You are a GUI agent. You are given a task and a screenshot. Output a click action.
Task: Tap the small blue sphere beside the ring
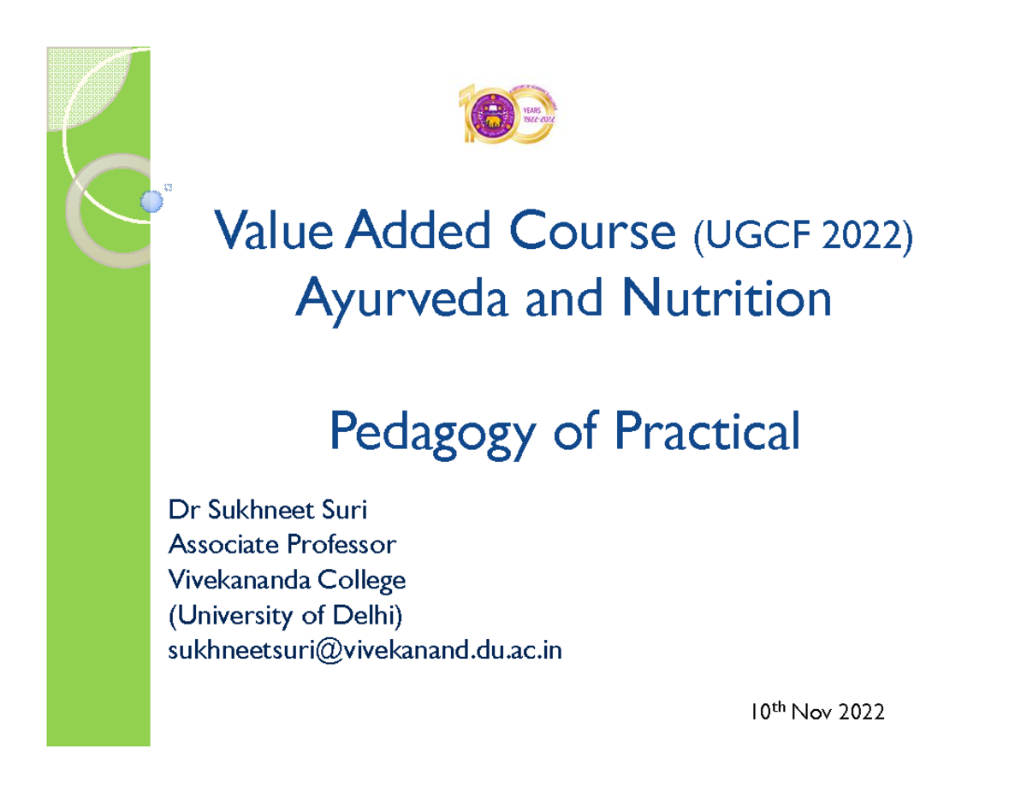151,200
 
